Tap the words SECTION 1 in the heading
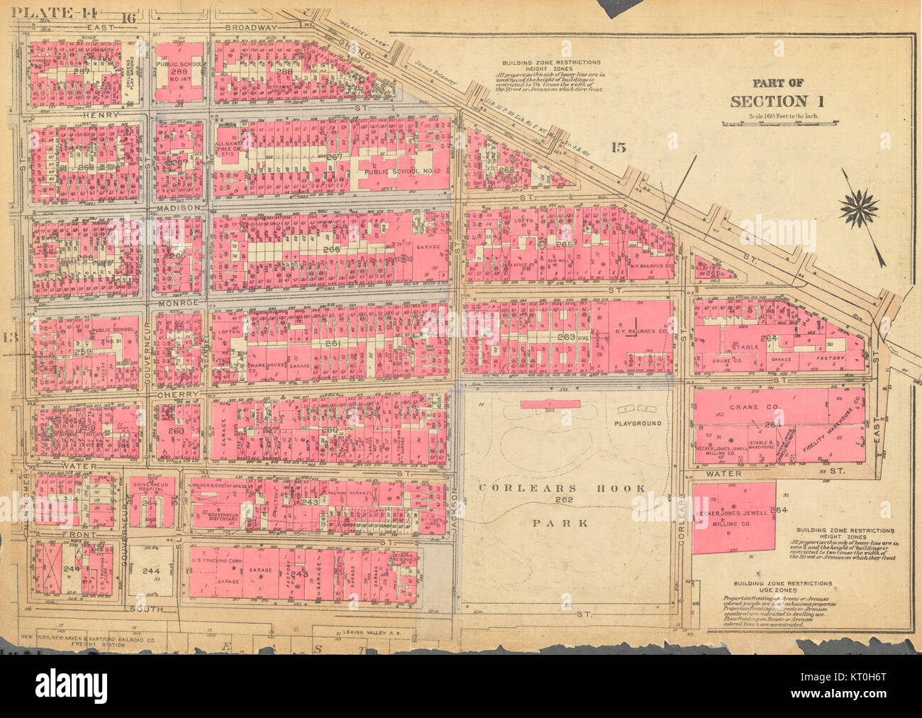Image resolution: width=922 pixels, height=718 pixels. pos(778,101)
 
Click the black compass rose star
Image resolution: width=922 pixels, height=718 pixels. pos(859,208)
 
